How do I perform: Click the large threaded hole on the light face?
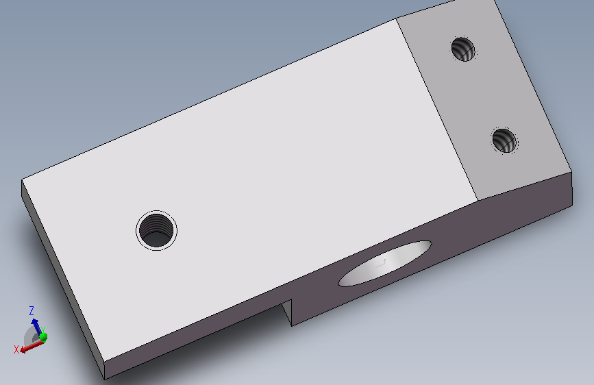156,230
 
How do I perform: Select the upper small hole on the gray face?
463,49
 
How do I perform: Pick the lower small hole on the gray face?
504,140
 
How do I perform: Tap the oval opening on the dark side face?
385,263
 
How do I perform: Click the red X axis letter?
16,349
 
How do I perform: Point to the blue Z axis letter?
32,311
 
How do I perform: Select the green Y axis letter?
42,330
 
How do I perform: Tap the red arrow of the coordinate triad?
32,346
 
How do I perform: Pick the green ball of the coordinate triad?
43,337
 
